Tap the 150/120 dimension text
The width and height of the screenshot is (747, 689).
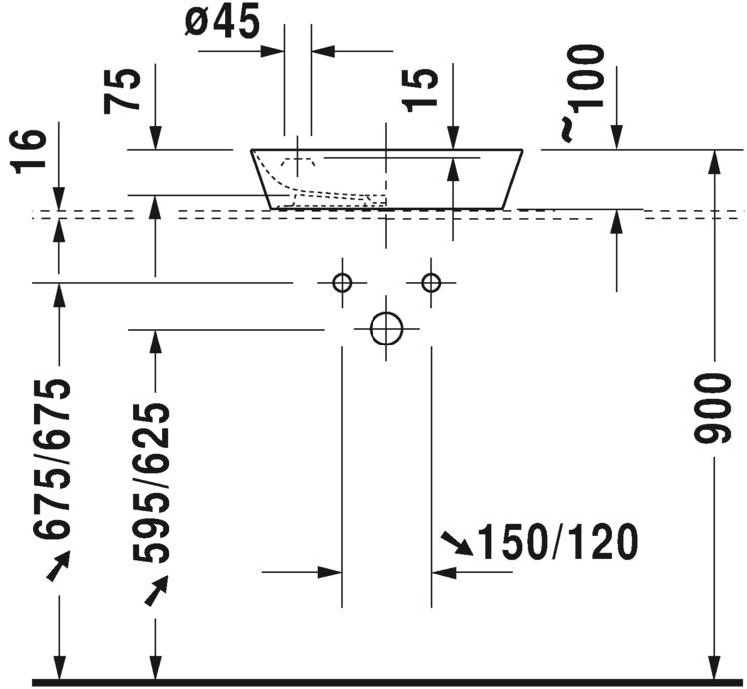click(x=557, y=543)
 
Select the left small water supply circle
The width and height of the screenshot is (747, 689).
click(x=342, y=283)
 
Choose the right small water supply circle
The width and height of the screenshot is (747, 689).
click(x=431, y=283)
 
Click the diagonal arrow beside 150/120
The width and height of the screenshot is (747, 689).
click(x=457, y=543)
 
